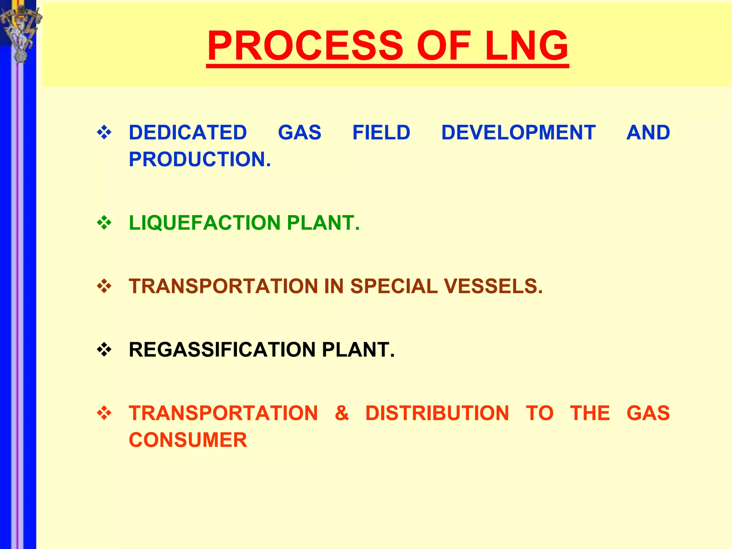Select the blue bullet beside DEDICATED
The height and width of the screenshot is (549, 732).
(104, 133)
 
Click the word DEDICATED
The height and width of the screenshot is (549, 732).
(188, 133)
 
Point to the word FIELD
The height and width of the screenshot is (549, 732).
(381, 133)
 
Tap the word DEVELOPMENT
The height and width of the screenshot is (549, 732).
(518, 133)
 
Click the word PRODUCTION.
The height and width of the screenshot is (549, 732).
(199, 159)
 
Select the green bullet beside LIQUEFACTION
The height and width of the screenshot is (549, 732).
(104, 223)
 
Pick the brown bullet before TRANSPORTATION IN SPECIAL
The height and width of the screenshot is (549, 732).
(104, 287)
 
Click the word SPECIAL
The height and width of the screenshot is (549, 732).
(394, 287)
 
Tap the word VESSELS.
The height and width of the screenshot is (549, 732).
(493, 287)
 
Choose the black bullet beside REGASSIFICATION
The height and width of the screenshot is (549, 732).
(104, 350)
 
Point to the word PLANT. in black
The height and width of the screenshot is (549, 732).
(358, 350)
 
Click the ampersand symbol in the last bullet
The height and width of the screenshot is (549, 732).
(342, 413)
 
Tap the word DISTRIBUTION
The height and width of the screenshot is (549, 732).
(437, 413)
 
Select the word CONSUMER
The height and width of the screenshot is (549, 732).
(188, 440)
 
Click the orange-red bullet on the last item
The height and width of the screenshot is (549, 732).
(104, 413)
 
